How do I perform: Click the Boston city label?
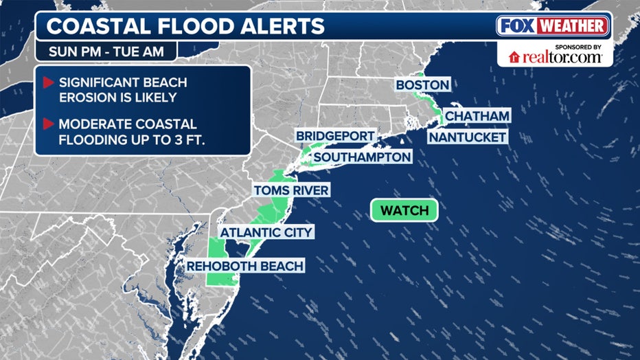coord(422,85)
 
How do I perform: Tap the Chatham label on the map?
coord(477,115)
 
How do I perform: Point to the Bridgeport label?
coord(335,136)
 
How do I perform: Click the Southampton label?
coord(362,157)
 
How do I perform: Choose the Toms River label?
coord(291,190)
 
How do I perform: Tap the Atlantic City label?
coord(266,232)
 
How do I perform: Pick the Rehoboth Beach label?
coord(247,266)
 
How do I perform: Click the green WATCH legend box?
coord(404,210)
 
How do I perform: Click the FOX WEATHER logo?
coord(553,27)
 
